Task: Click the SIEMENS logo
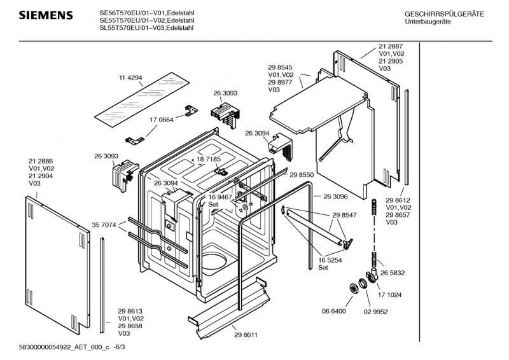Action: click(x=46, y=15)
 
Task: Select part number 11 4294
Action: click(x=130, y=78)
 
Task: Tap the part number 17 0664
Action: click(x=162, y=120)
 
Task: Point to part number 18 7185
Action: click(x=209, y=159)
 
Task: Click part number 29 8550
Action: click(x=302, y=175)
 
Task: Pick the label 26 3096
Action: click(x=335, y=197)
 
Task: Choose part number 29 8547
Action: click(x=344, y=215)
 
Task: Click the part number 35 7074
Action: click(x=104, y=225)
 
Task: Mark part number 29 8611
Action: click(x=246, y=335)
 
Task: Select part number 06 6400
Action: click(x=334, y=311)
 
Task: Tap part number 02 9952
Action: click(x=375, y=312)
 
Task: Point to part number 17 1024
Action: click(x=389, y=295)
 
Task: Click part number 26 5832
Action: click(x=393, y=273)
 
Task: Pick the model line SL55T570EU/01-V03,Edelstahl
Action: click(x=146, y=28)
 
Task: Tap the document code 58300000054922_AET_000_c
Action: click(x=64, y=347)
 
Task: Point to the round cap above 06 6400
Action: click(x=352, y=288)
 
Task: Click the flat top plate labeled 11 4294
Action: click(x=142, y=100)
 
